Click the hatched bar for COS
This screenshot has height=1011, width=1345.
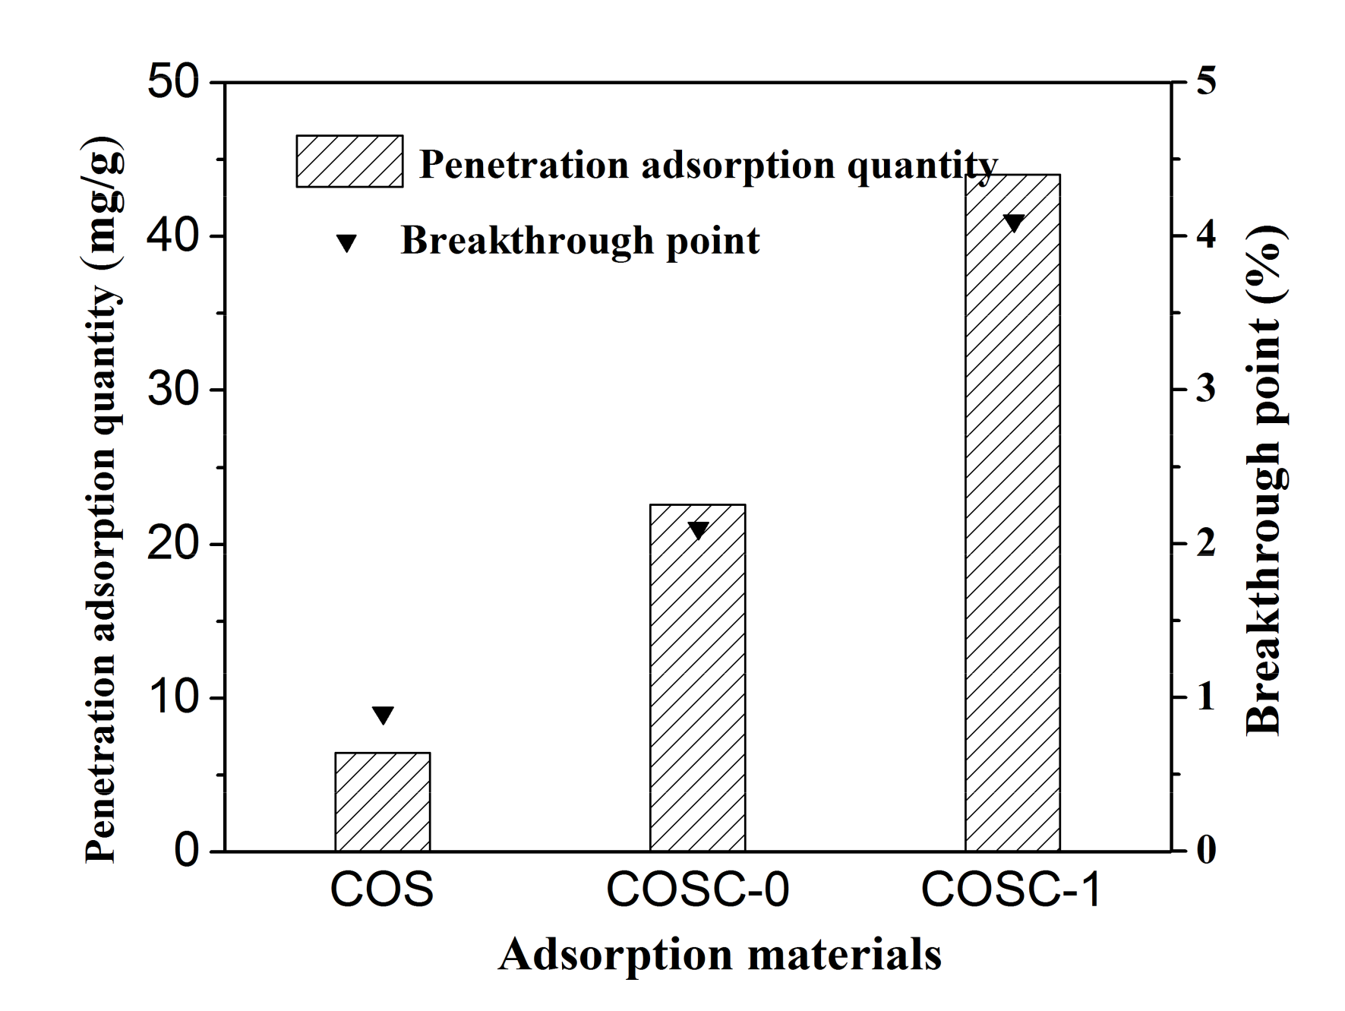(382, 801)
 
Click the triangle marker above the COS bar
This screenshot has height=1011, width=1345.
(383, 715)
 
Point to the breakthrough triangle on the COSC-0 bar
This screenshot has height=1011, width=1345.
(697, 529)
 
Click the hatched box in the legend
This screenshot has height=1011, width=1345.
(349, 161)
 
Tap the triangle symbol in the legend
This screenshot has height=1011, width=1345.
(347, 243)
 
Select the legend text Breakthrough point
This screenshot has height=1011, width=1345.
(579, 241)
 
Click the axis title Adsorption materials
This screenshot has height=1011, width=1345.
(719, 955)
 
